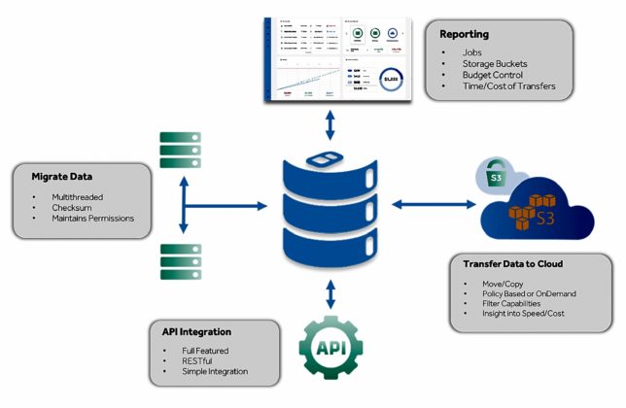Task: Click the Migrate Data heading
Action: point(62,179)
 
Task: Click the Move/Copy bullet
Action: point(504,283)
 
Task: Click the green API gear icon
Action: point(330,348)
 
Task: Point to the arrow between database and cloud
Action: point(433,204)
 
